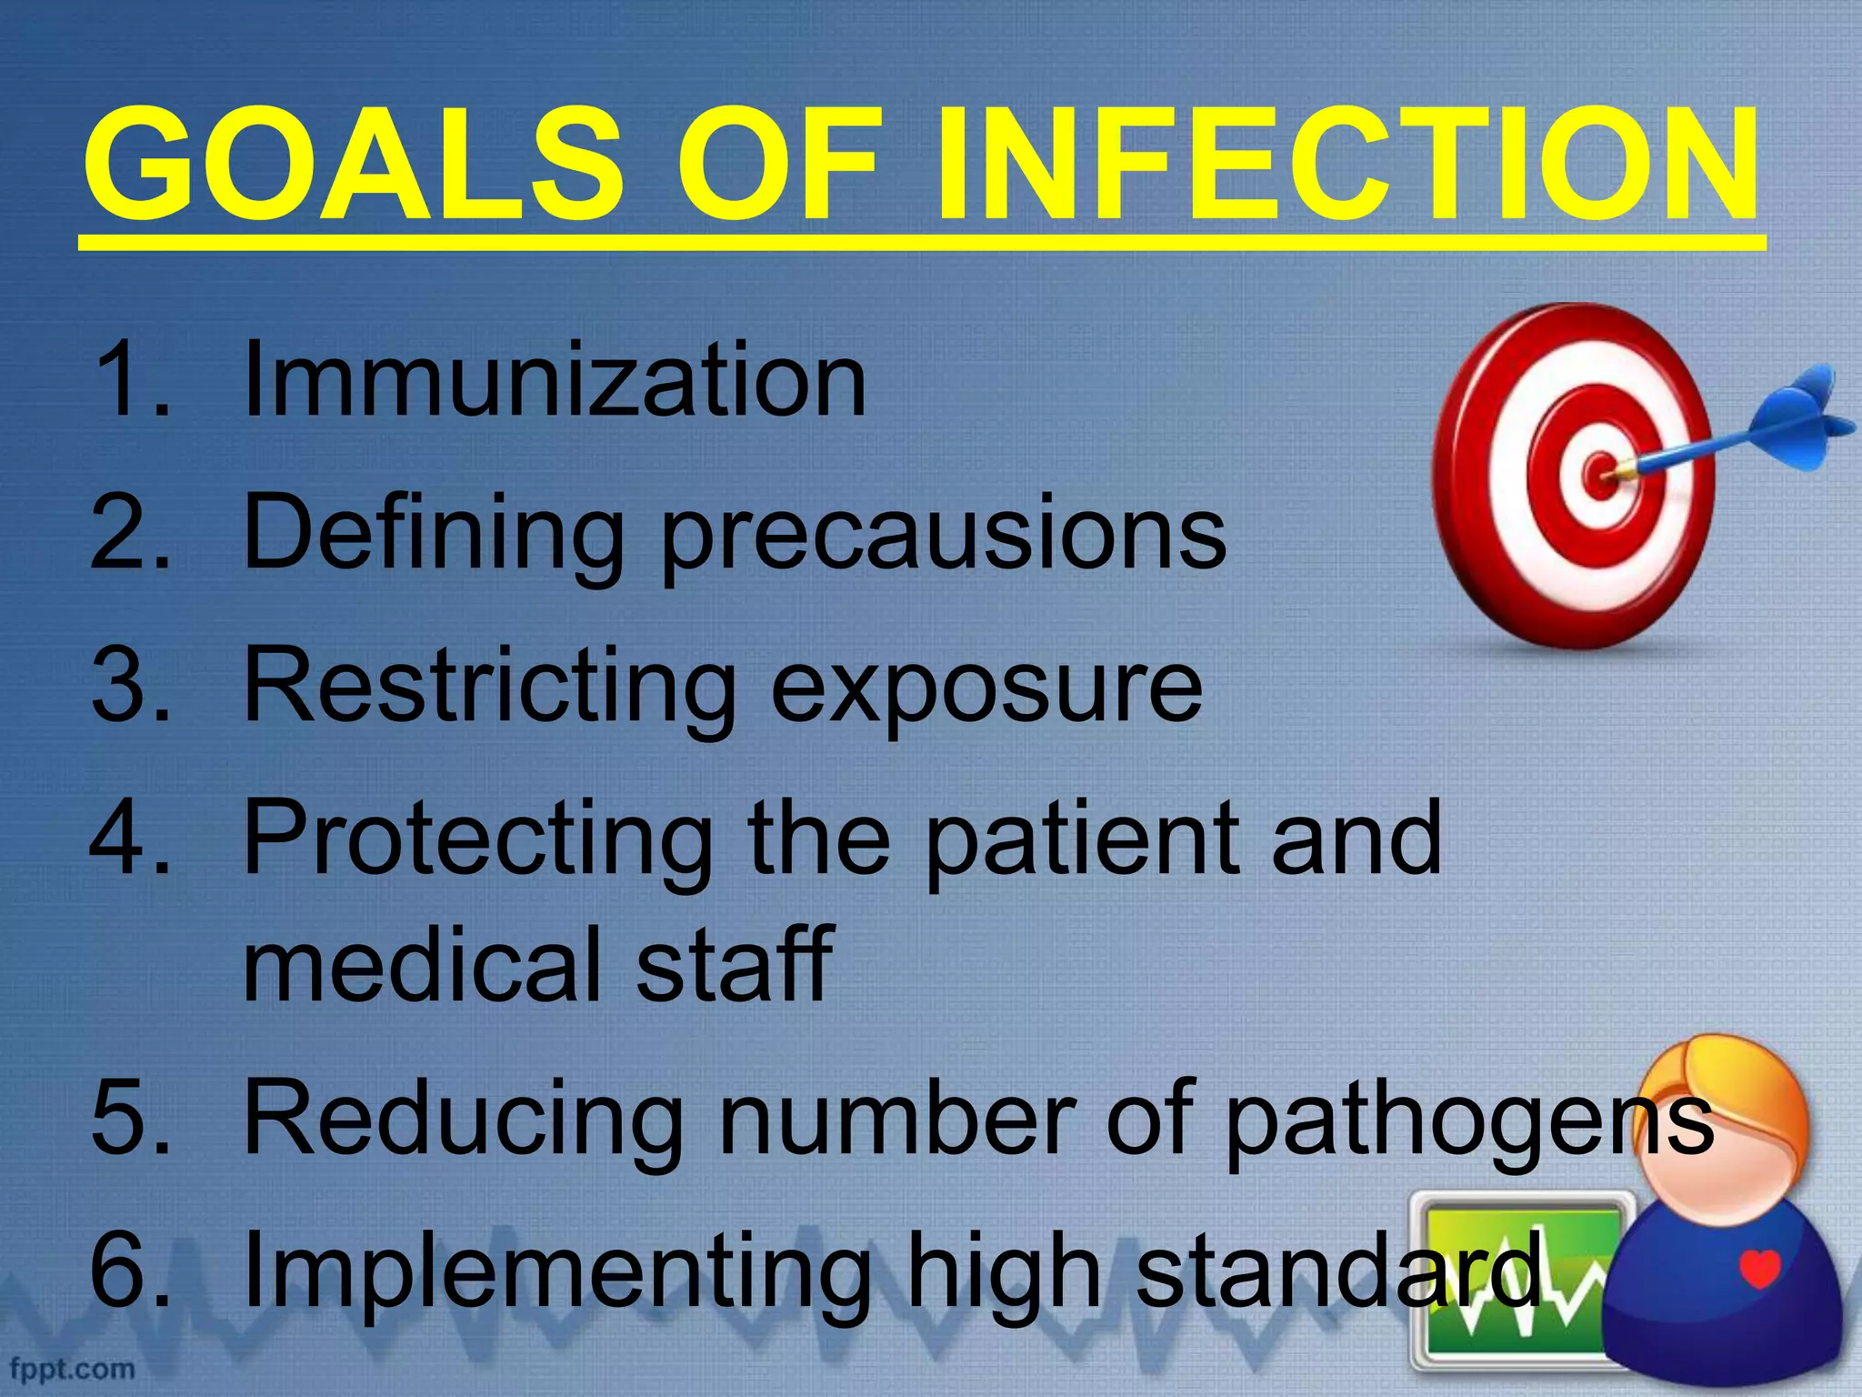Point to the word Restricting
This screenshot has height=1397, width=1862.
[491, 688]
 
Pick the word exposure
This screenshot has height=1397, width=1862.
[986, 691]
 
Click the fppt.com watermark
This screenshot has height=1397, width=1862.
[72, 1369]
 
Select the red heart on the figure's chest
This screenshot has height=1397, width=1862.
[1759, 1268]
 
